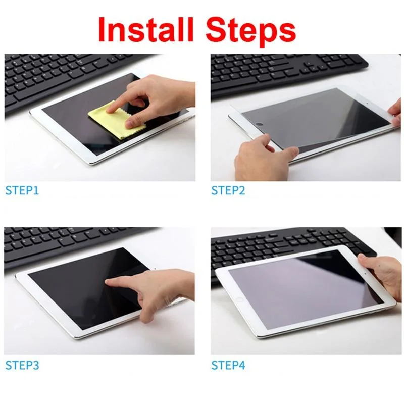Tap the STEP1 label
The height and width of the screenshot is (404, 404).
pos(22,191)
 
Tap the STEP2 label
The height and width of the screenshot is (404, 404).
pos(227,191)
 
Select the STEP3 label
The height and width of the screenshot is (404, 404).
pos(22,364)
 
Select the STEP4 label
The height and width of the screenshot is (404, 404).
pos(228,364)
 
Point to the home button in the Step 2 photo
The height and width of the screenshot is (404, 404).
pos(260,124)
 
